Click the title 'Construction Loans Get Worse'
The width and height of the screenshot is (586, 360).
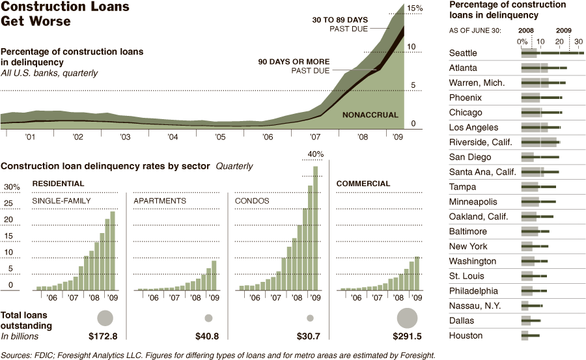[x=65, y=14]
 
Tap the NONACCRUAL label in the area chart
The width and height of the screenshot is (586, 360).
[x=370, y=115]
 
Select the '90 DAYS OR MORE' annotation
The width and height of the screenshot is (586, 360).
[x=294, y=62]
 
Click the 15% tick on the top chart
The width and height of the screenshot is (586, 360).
[x=415, y=8]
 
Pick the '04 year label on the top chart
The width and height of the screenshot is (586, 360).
[x=173, y=137]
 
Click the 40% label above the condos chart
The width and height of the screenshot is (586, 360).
[x=316, y=154]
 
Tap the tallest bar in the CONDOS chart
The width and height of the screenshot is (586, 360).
[x=316, y=228]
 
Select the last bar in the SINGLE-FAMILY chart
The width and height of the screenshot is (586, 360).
[x=113, y=251]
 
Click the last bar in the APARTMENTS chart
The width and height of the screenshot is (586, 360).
[x=214, y=275]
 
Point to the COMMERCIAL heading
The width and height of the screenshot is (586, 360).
[x=363, y=184]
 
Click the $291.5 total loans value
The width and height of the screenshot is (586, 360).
[x=407, y=337]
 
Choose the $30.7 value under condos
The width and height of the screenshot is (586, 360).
[x=308, y=337]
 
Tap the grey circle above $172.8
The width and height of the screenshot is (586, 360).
[x=105, y=318]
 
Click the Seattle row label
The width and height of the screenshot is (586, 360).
[x=463, y=53]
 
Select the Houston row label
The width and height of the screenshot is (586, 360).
[x=466, y=336]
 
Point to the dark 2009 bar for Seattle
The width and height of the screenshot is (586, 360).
[x=560, y=53]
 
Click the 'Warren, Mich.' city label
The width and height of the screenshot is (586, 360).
[x=477, y=83]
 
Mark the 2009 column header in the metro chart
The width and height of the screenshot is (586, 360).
[x=563, y=30]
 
